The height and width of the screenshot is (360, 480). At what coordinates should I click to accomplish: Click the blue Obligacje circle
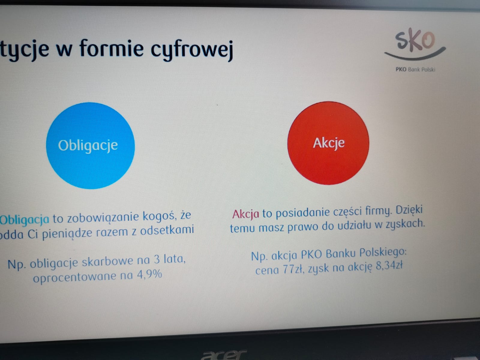click(90, 145)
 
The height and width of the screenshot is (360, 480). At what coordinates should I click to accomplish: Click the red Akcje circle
click(328, 143)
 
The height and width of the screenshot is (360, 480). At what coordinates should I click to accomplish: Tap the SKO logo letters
click(415, 40)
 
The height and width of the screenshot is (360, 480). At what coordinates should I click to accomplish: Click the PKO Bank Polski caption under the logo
click(415, 70)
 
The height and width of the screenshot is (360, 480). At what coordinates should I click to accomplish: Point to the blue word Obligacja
click(25, 219)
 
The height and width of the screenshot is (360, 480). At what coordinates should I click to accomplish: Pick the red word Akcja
click(246, 214)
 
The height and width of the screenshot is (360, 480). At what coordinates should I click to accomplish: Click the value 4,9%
click(150, 274)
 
